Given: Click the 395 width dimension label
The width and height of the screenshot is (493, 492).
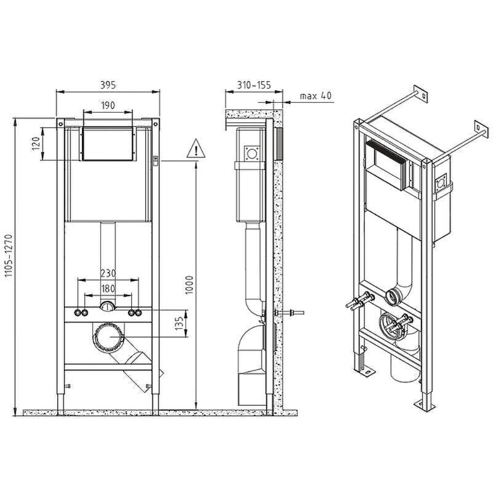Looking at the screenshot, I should (x=108, y=85).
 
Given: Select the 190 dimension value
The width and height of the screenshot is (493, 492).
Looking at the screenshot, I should (x=108, y=105).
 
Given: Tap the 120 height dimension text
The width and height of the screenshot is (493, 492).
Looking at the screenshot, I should (x=36, y=144).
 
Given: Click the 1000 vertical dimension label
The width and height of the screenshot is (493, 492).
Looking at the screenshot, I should (x=190, y=285).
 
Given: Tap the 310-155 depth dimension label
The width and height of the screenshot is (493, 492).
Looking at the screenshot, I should (x=254, y=85).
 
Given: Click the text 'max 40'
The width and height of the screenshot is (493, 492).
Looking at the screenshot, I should (x=316, y=96).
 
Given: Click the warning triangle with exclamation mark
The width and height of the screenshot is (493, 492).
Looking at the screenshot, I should (x=196, y=148).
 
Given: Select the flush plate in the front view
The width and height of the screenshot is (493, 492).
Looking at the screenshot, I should (x=108, y=144).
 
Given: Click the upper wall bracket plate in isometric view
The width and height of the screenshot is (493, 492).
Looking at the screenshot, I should (x=420, y=94).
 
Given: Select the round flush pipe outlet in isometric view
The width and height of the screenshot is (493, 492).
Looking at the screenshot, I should (x=394, y=297).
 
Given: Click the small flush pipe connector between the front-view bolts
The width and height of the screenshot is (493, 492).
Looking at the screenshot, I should (x=108, y=307).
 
